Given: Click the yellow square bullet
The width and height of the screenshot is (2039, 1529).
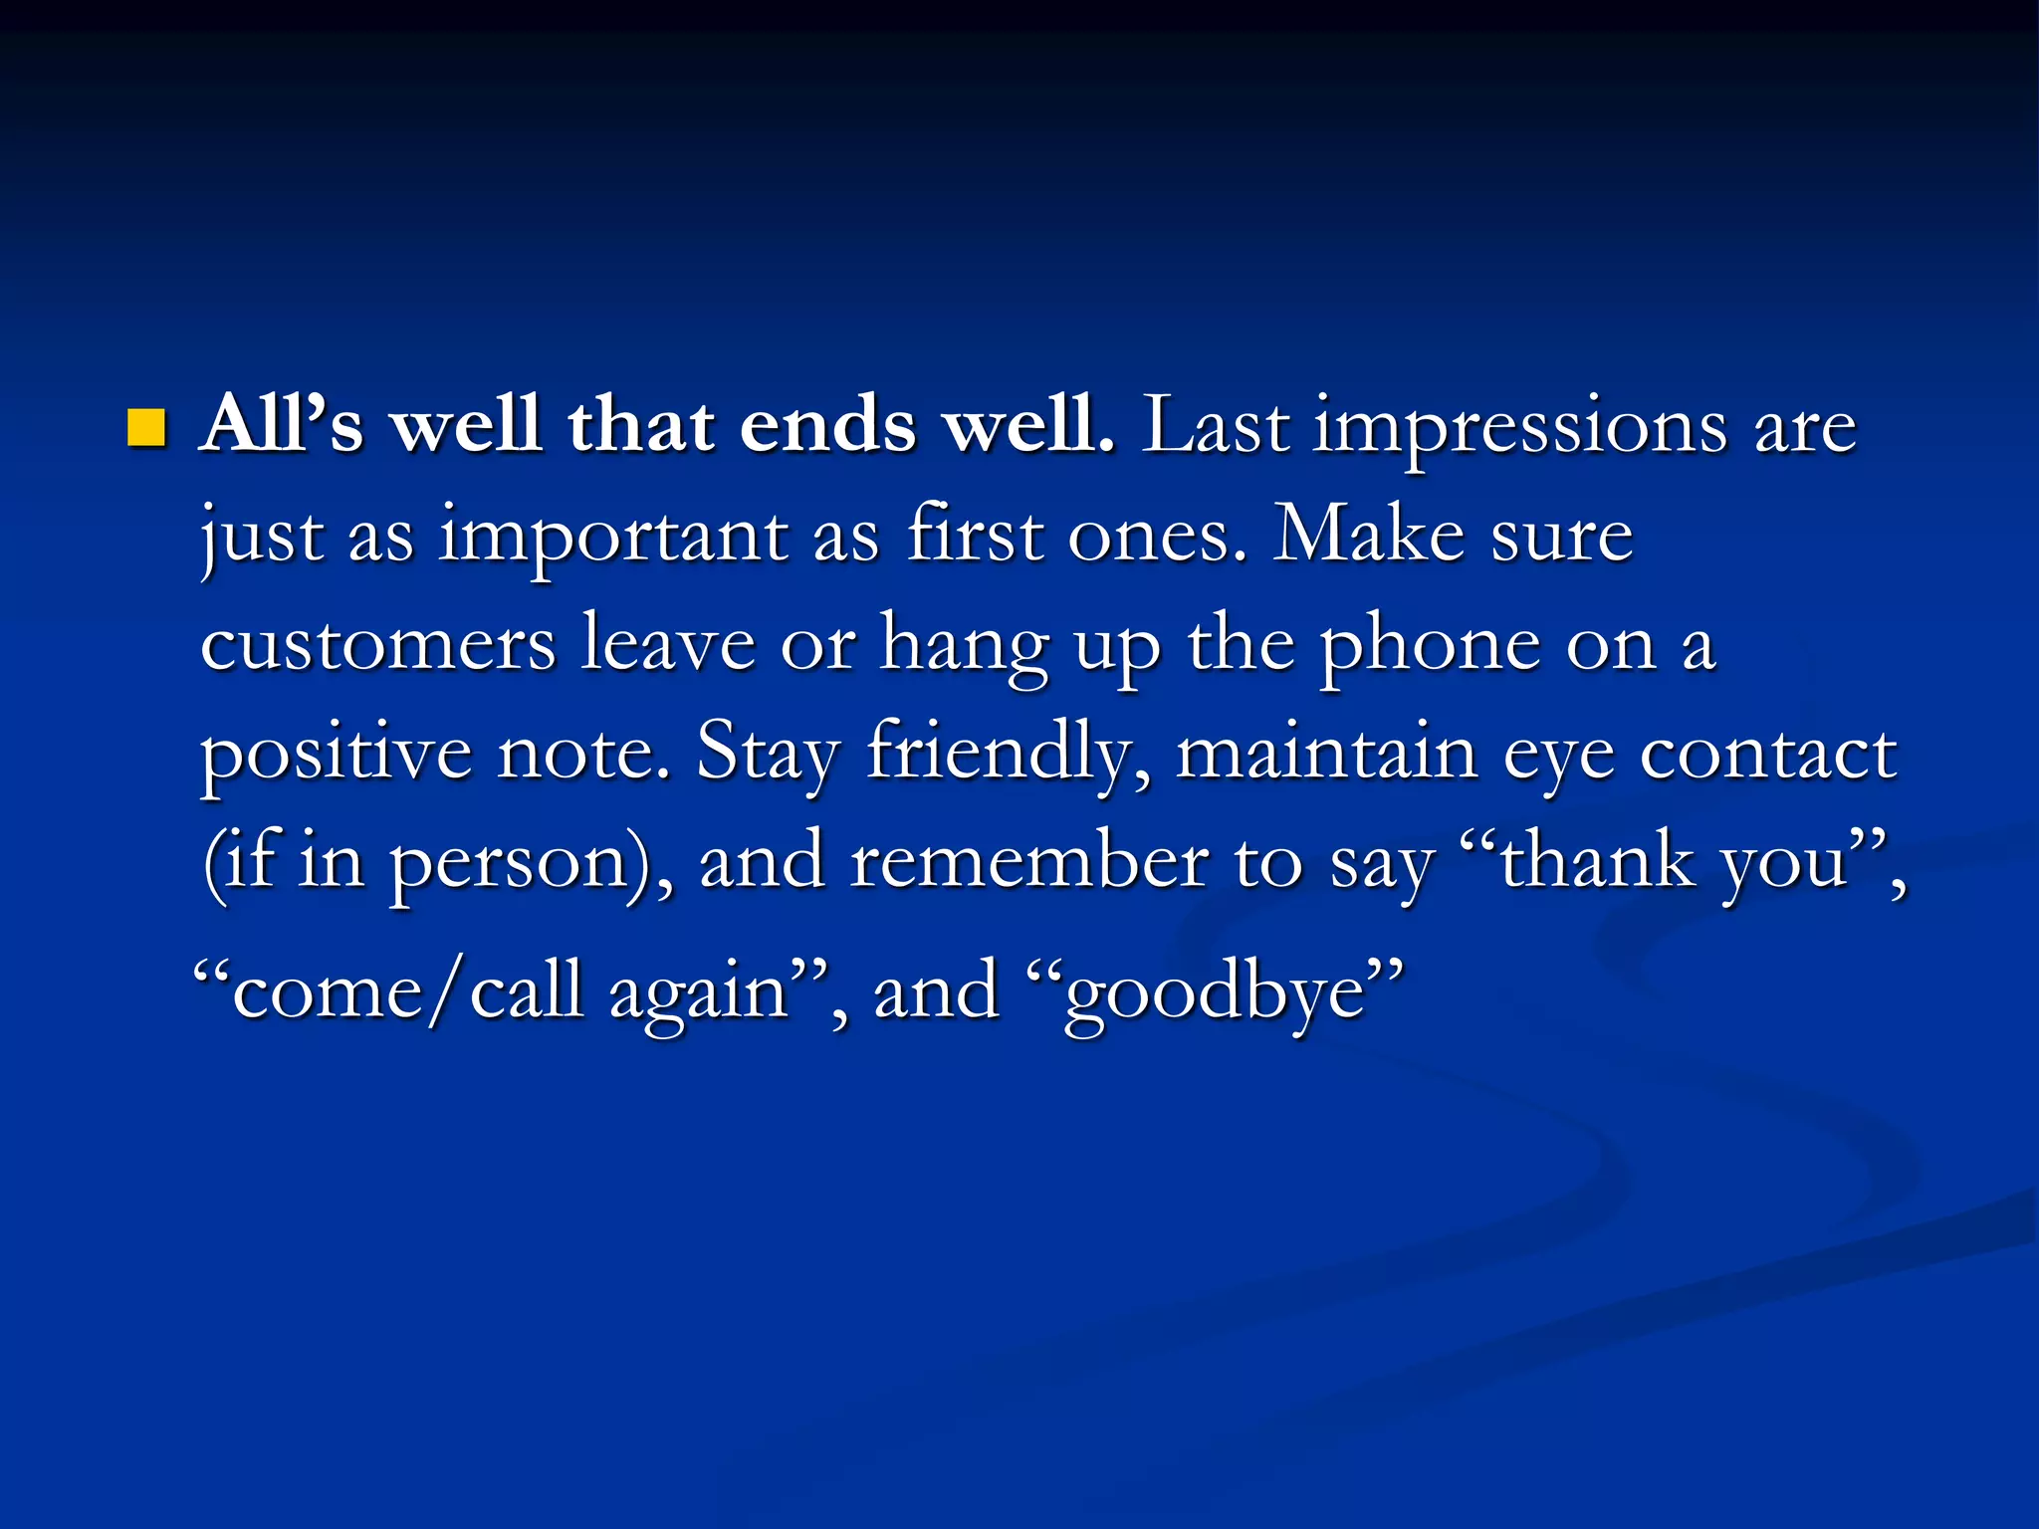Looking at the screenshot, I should [x=146, y=428].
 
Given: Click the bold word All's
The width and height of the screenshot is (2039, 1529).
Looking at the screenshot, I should [x=282, y=425].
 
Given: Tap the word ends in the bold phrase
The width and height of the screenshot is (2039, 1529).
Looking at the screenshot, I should [x=826, y=425].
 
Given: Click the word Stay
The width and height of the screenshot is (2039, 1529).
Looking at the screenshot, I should [x=768, y=754].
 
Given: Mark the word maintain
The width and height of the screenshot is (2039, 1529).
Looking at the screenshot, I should [x=1326, y=754].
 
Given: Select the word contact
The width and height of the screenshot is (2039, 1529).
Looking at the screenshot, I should [x=1768, y=754].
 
